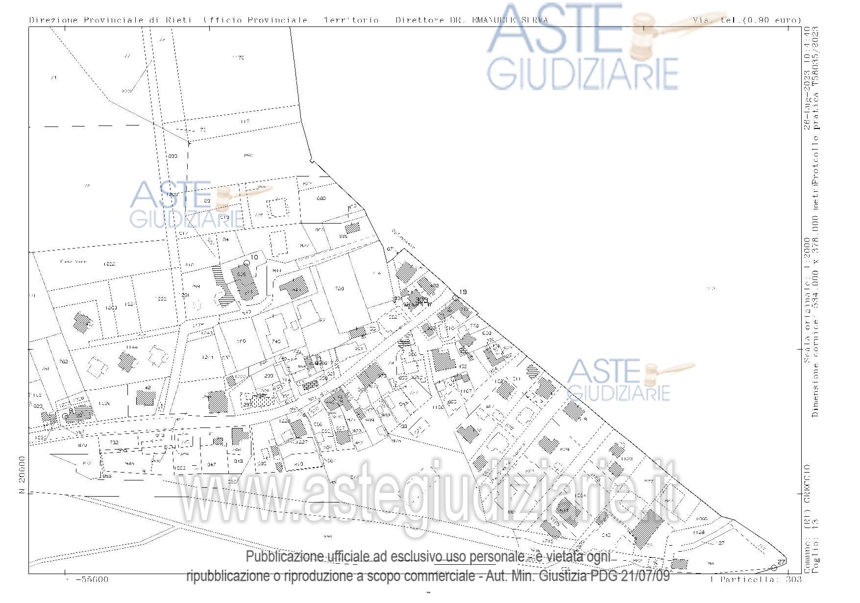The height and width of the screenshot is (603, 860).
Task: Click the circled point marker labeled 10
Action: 247,263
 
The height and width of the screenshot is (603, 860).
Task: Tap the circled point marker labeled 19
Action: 455,298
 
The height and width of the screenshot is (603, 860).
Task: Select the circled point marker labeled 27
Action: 774,568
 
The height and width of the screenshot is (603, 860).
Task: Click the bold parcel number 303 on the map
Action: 421,300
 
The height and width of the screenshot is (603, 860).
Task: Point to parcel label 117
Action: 245,122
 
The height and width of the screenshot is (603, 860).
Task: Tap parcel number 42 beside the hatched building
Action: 147,388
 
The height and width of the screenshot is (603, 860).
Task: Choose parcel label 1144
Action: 131,347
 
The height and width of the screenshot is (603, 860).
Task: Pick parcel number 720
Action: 339,289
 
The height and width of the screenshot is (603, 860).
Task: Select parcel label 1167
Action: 465,391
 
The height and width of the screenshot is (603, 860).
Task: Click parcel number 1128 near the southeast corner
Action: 699,532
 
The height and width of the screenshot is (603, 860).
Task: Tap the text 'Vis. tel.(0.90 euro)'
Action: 747,20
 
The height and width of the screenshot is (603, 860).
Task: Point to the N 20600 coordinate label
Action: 22,475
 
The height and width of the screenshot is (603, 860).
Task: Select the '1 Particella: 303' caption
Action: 755,579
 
